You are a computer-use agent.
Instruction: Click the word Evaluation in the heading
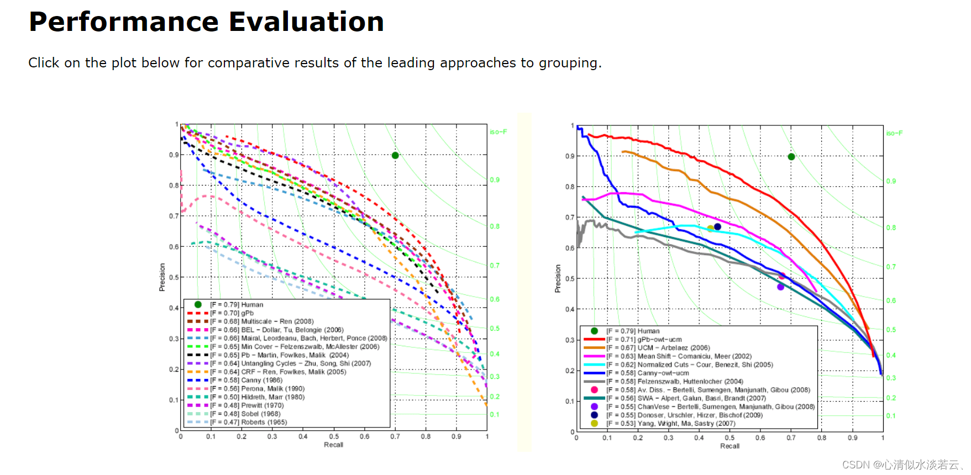306,22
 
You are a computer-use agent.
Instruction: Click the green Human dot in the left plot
395,156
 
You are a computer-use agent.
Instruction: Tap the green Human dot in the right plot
791,157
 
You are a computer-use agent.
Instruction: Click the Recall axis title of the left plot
333,445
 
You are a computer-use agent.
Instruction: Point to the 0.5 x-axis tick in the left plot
334,436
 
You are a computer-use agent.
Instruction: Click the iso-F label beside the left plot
498,132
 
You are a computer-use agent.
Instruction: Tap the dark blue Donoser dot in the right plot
717,226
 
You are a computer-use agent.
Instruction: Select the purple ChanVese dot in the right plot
780,287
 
